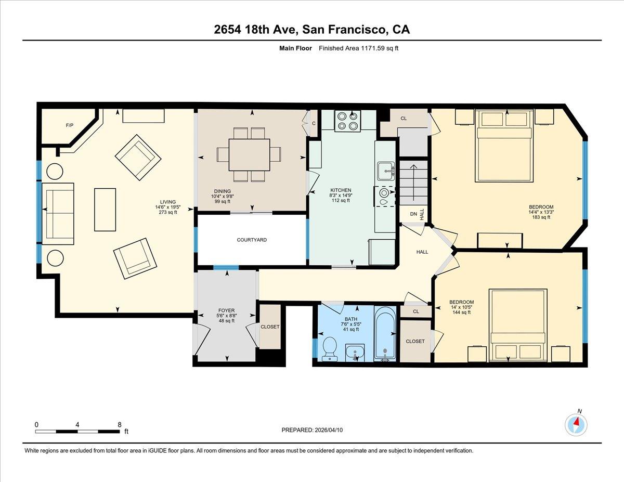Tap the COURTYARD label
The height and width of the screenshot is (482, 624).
tap(252, 240)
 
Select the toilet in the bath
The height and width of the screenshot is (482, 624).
tap(329, 348)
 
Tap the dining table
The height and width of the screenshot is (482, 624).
tap(249, 154)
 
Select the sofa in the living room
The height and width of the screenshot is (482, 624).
tap(57, 213)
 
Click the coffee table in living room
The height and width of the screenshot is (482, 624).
tap(105, 209)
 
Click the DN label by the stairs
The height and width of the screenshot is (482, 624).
tap(413, 214)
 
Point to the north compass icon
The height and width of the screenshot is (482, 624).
tap(576, 424)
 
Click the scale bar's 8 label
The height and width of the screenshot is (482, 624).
tap(119, 424)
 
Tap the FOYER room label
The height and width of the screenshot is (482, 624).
tap(226, 310)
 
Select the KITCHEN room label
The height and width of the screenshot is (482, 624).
tap(341, 190)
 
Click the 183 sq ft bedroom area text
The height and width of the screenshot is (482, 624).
tap(541, 217)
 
